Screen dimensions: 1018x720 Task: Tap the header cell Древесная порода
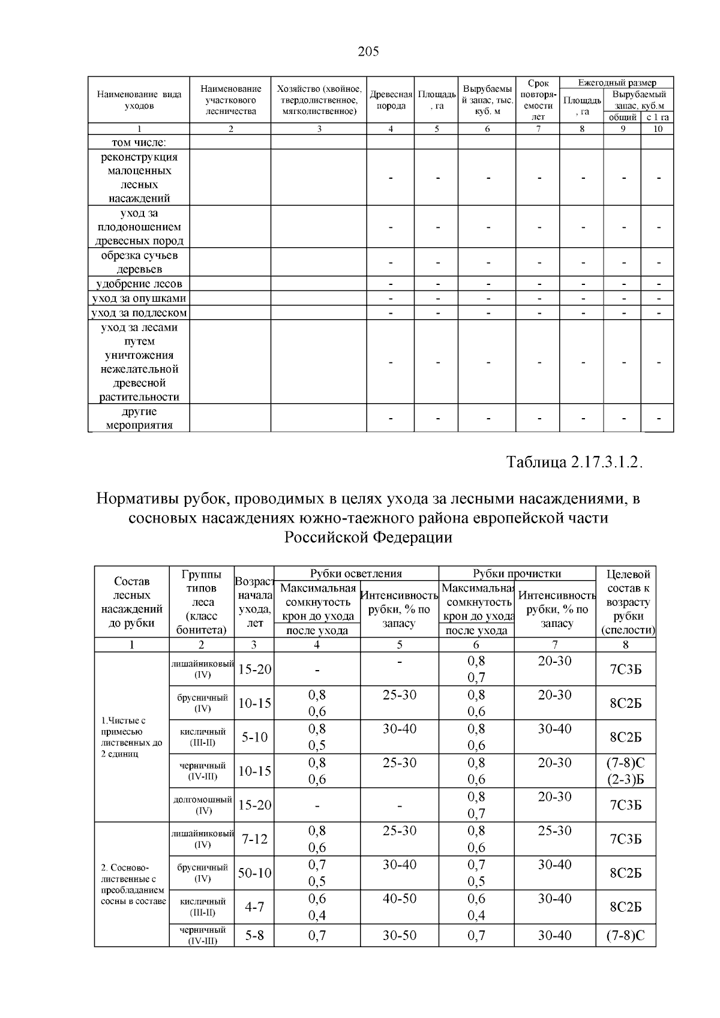(391, 100)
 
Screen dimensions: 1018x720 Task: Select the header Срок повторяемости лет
(538, 100)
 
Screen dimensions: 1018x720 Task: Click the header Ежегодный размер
(616, 82)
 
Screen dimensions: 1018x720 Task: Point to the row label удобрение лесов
(139, 284)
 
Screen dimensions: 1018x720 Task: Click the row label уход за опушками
(139, 298)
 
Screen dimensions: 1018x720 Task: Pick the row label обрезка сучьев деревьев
(139, 262)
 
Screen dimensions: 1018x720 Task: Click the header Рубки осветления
(356, 573)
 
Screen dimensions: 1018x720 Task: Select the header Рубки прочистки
(517, 573)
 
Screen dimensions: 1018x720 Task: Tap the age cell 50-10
(254, 873)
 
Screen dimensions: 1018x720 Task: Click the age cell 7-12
(254, 839)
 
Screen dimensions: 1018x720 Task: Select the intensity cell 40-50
(399, 899)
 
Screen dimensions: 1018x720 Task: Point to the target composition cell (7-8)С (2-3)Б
(625, 771)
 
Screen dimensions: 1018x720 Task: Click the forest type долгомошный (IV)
(202, 805)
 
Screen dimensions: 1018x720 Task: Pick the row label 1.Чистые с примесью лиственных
(132, 737)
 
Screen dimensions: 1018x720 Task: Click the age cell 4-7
(254, 907)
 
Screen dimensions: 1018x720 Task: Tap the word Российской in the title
(325, 537)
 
